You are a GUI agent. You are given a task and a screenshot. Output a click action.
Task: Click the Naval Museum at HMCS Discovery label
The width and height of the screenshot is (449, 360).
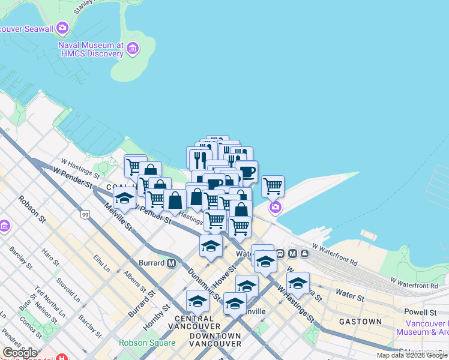(91, 49)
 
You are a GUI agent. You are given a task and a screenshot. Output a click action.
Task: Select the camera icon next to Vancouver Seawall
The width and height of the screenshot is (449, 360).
(62, 28)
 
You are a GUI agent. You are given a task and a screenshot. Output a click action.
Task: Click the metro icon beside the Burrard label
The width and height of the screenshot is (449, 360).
(172, 263)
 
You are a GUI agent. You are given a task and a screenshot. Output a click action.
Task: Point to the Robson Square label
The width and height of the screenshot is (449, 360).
(147, 343)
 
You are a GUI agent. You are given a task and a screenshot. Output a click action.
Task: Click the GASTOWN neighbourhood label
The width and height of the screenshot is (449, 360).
(360, 322)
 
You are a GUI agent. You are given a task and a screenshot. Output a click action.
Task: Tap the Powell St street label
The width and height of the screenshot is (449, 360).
(420, 313)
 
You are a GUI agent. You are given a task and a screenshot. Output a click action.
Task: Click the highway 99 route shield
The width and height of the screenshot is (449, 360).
(85, 214)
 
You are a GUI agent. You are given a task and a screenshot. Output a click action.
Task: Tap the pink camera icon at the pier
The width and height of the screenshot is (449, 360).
(275, 208)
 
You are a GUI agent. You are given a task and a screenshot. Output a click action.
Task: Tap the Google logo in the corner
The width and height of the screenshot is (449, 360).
(20, 353)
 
